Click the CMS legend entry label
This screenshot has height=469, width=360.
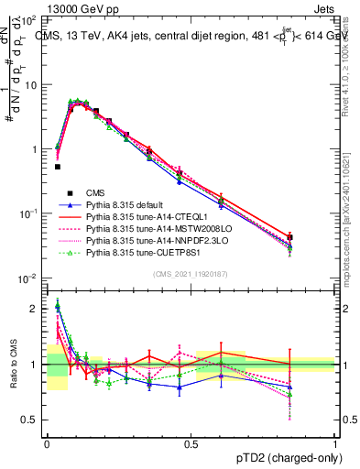pyautogui.click(x=93, y=193)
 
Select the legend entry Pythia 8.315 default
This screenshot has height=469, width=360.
pyautogui.click(x=127, y=206)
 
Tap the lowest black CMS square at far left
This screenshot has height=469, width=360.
pyautogui.click(x=57, y=167)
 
